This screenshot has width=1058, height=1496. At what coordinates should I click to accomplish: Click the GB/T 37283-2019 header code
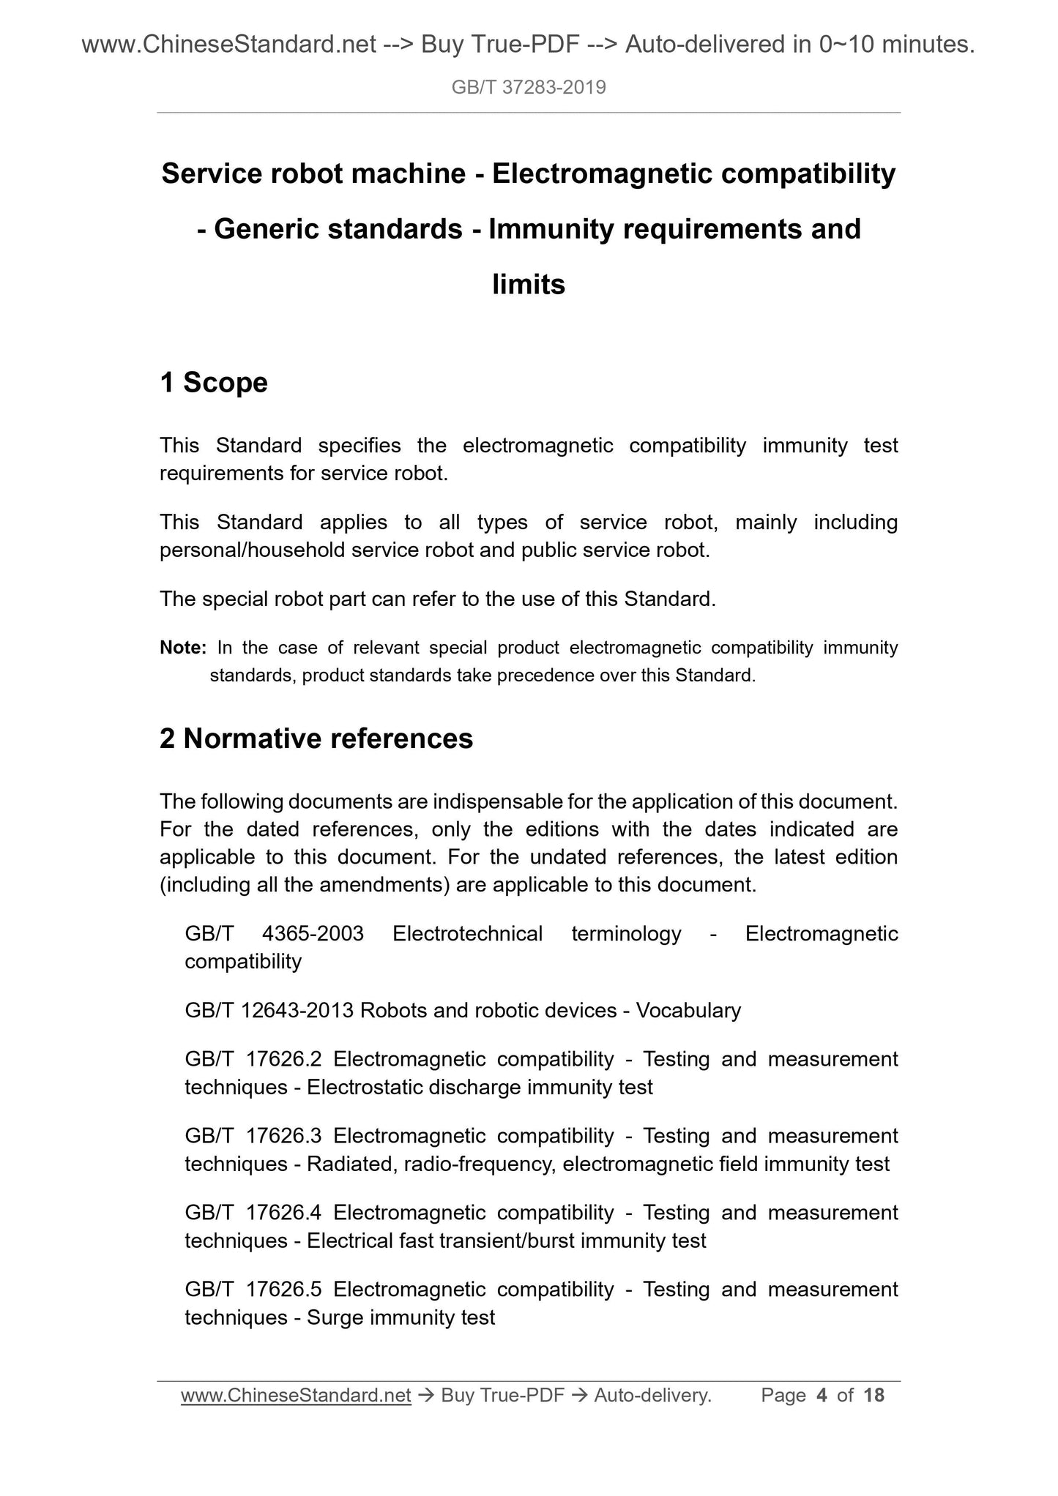(529, 88)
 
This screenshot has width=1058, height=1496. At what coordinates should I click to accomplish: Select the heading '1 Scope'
(214, 382)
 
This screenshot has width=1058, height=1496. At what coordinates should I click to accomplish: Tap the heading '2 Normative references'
(316, 738)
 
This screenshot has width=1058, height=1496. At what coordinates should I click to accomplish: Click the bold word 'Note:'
(183, 648)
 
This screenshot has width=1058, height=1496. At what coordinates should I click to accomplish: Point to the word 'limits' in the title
(529, 284)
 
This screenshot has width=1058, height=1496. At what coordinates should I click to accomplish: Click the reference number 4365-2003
(313, 933)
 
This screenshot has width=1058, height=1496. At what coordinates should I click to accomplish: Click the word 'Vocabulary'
(688, 1010)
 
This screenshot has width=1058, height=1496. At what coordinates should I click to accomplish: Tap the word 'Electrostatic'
(365, 1088)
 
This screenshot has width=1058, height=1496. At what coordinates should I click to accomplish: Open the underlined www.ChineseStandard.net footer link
(296, 1396)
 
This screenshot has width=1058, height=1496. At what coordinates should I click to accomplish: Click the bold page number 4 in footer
(822, 1396)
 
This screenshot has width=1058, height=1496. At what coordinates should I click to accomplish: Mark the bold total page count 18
(874, 1396)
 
